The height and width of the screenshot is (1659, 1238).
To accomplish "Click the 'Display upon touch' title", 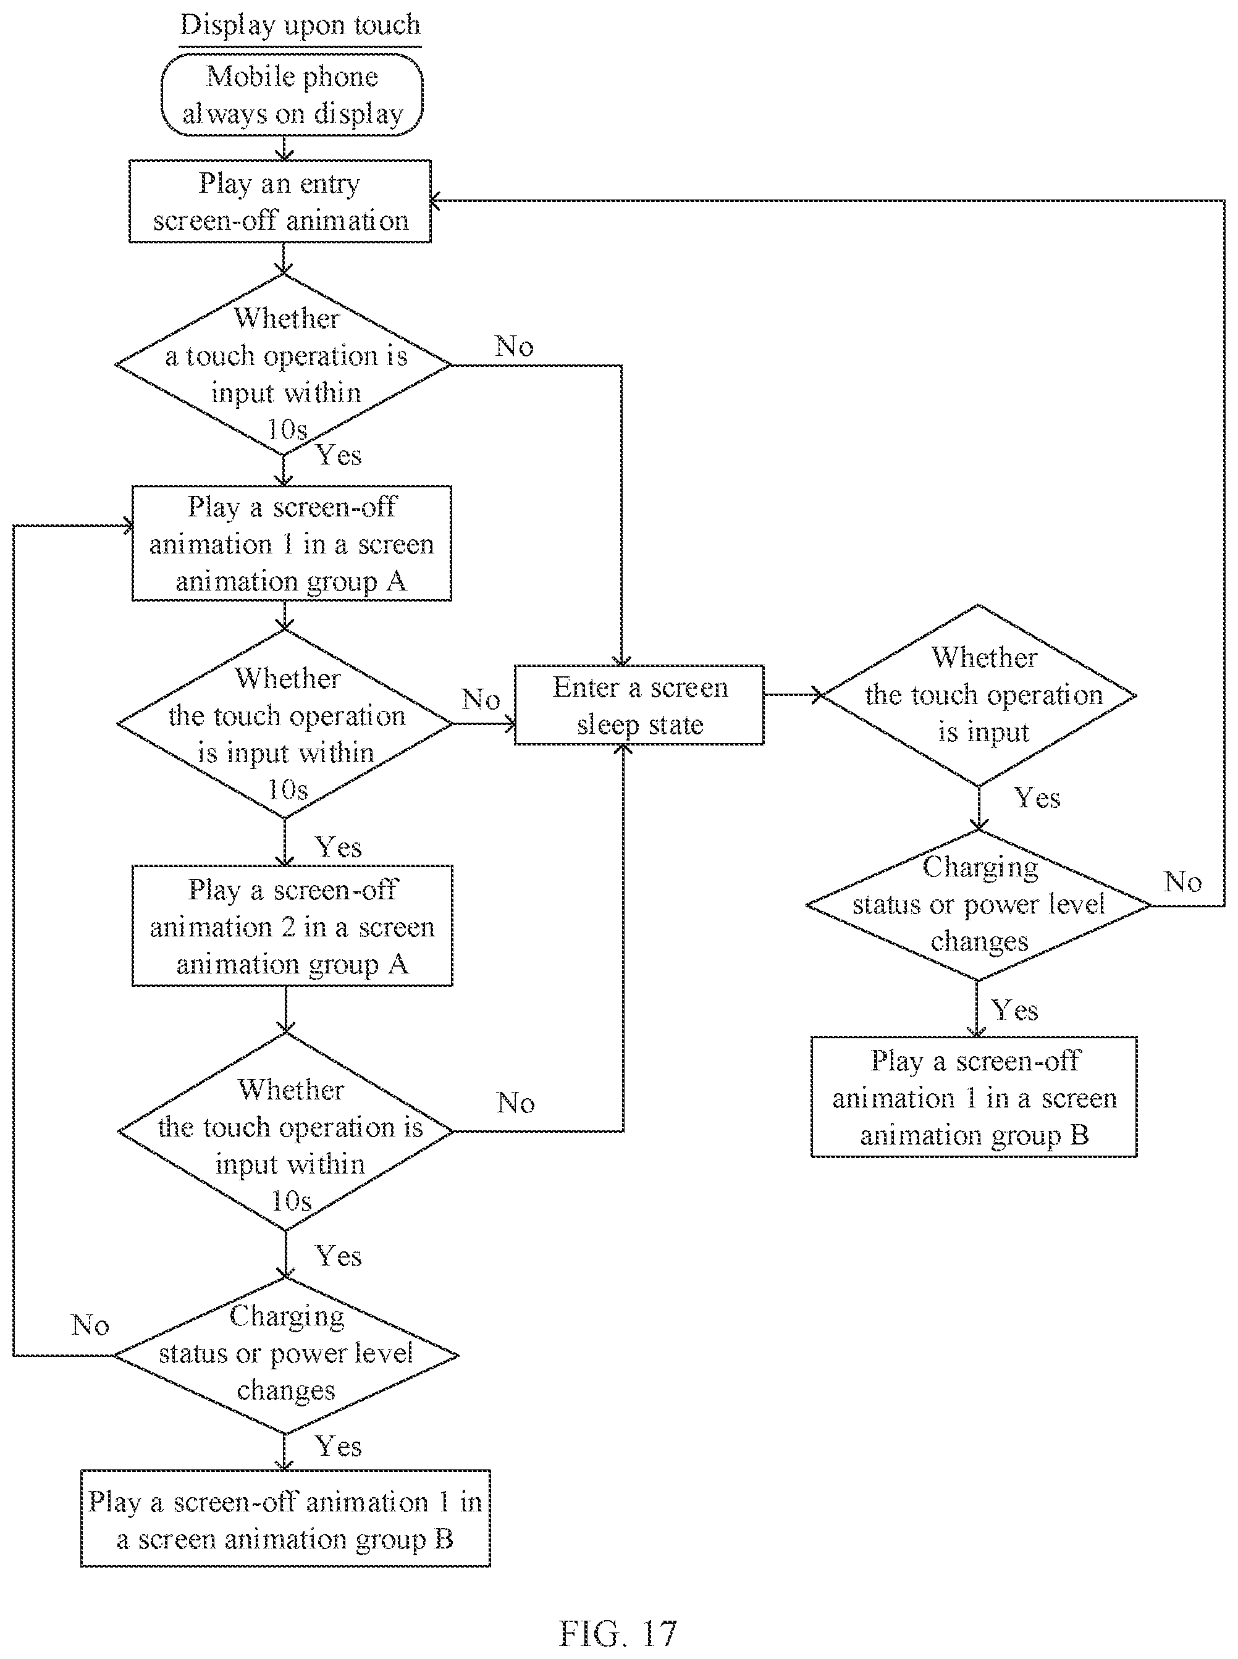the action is pyautogui.click(x=300, y=25).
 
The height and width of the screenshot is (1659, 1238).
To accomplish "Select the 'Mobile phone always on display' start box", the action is pyautogui.click(x=292, y=94).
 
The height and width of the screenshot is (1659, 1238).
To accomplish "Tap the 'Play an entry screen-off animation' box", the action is pyautogui.click(x=280, y=201).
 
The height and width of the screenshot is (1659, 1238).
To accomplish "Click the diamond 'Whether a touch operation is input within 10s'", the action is pyautogui.click(x=284, y=365).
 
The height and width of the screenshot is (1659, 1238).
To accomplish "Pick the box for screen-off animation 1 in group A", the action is pyautogui.click(x=292, y=544).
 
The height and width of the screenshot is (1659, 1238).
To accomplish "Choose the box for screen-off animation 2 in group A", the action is pyautogui.click(x=292, y=925).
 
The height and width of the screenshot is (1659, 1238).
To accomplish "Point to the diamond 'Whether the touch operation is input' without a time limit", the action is pyautogui.click(x=979, y=695).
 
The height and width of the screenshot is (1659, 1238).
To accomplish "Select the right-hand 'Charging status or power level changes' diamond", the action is pyautogui.click(x=978, y=905).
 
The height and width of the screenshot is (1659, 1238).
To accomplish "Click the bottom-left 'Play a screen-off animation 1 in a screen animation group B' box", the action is pyautogui.click(x=285, y=1519).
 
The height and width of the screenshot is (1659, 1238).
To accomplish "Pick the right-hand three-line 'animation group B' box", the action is pyautogui.click(x=974, y=1097).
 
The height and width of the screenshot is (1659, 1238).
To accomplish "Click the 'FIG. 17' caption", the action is pyautogui.click(x=618, y=1634).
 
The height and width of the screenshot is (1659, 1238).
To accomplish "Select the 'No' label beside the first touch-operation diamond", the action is pyautogui.click(x=514, y=346).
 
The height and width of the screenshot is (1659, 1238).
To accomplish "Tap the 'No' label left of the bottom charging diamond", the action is pyautogui.click(x=90, y=1325).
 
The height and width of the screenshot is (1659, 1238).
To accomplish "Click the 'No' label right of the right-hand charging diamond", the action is pyautogui.click(x=1182, y=882).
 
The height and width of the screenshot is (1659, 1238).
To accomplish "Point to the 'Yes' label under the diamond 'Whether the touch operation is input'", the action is pyautogui.click(x=1037, y=798).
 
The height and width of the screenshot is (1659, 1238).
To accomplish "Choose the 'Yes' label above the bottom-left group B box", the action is pyautogui.click(x=338, y=1446).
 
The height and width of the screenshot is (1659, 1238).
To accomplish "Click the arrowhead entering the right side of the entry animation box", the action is pyautogui.click(x=437, y=200).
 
